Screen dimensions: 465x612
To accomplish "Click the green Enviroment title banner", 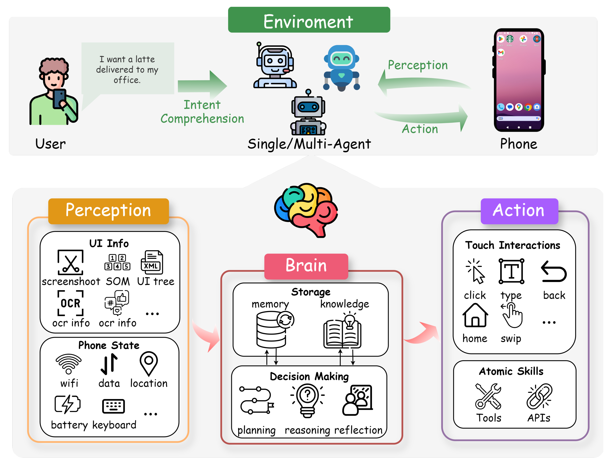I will pyautogui.click(x=309, y=20).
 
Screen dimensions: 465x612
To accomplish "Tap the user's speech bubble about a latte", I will pyautogui.click(x=127, y=69).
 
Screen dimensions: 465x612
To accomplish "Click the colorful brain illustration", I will pyautogui.click(x=306, y=210).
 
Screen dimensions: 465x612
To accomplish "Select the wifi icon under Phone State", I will pyautogui.click(x=69, y=364).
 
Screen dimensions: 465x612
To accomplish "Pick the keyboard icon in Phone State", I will pyautogui.click(x=113, y=406).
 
